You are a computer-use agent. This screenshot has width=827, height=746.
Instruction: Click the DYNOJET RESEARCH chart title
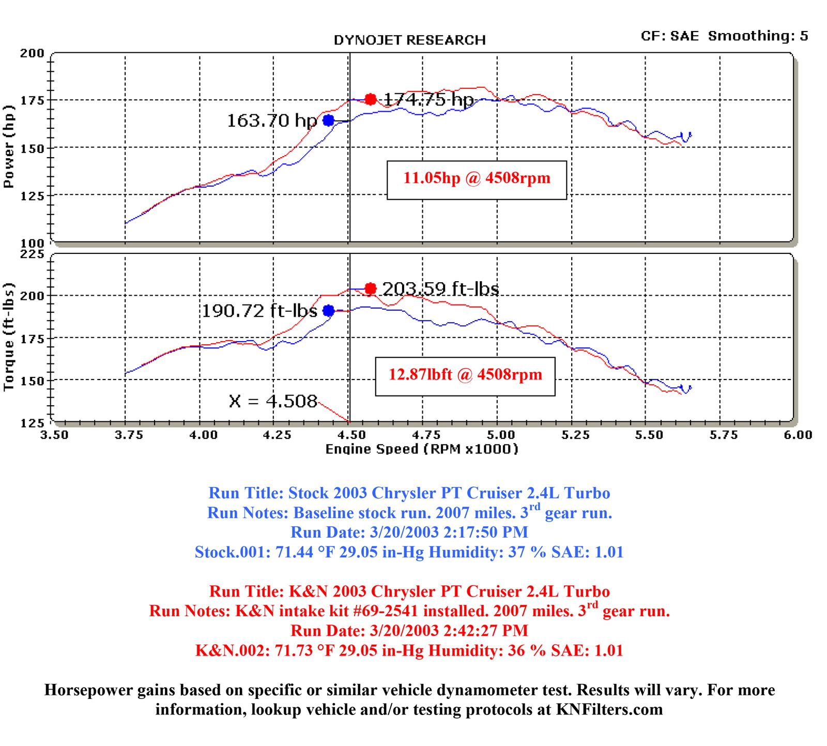click(x=409, y=40)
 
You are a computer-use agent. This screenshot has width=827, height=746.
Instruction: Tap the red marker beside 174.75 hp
click(x=370, y=99)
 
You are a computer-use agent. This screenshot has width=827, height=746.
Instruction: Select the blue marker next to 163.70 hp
click(x=329, y=120)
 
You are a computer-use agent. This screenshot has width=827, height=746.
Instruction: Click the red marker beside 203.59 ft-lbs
click(x=370, y=288)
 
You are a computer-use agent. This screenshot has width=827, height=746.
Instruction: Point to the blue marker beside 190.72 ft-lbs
click(x=329, y=311)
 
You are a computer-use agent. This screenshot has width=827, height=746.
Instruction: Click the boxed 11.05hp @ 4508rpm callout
click(x=477, y=179)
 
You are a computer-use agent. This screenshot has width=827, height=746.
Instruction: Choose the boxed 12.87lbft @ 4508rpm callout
click(x=465, y=375)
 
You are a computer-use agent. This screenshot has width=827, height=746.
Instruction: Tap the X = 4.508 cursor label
click(x=273, y=401)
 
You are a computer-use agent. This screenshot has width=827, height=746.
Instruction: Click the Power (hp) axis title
click(x=9, y=147)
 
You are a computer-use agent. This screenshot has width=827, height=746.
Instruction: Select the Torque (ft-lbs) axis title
click(x=9, y=337)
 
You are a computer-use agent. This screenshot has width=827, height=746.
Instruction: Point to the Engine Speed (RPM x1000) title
click(x=421, y=449)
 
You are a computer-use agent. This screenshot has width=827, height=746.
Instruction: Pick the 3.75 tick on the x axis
click(x=128, y=435)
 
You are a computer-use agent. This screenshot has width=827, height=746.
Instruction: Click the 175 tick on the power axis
click(x=32, y=100)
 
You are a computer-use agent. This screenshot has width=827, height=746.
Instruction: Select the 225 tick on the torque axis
click(x=32, y=254)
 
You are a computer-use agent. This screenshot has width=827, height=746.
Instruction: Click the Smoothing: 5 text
click(x=758, y=36)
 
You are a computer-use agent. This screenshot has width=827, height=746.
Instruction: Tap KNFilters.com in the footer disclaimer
click(x=609, y=709)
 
